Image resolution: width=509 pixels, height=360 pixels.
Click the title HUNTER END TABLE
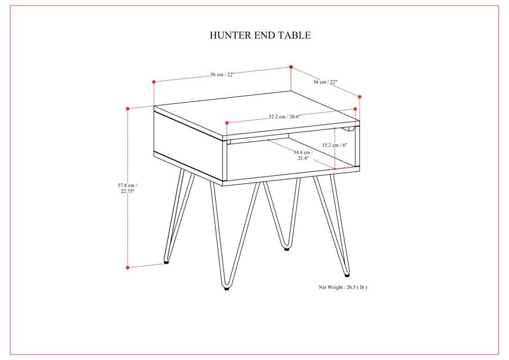coord(260,35)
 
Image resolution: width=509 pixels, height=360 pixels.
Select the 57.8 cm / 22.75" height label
coord(127,188)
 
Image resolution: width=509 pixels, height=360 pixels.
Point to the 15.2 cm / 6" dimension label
coord(334,145)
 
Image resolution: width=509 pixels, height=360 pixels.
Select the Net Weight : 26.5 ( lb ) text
coord(342,287)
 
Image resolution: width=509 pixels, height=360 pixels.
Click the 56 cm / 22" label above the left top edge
coord(222,75)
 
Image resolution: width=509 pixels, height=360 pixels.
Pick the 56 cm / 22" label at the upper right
coord(325,82)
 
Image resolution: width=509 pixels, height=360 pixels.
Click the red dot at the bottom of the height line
coord(128,267)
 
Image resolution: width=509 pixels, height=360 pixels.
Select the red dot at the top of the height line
coord(128,109)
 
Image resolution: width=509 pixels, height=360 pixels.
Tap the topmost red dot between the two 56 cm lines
coord(291,67)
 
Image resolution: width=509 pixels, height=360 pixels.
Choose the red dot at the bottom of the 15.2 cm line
coord(335,168)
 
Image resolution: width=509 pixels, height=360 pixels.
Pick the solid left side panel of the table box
coord(188,139)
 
